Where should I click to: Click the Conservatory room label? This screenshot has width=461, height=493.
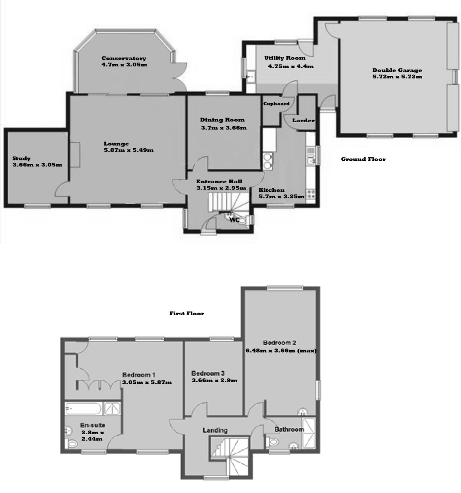point(123,58)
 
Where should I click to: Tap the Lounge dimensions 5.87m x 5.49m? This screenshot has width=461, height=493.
point(129,150)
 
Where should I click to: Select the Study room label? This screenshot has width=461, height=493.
point(21,159)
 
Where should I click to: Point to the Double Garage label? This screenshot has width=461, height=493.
point(397,70)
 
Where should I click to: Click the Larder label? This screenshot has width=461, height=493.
point(303,120)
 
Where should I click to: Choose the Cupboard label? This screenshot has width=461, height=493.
point(276,104)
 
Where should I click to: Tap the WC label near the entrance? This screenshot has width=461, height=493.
point(234,220)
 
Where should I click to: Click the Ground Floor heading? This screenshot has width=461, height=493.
point(363,159)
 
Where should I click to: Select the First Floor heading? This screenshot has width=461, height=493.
point(187,313)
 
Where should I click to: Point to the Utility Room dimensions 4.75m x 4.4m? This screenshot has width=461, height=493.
point(291,66)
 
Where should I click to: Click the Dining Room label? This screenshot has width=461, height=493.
point(223,120)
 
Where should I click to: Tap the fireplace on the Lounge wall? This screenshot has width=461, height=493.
point(75,155)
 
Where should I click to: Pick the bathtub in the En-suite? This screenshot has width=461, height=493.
point(84,409)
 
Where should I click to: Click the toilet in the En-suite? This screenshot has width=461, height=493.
point(71,444)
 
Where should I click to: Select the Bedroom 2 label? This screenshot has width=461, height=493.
point(279,343)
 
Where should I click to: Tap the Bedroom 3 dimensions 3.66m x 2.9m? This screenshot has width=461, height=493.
point(214,380)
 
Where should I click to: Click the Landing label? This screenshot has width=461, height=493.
point(215,430)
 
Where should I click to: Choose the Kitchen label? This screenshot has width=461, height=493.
point(271,190)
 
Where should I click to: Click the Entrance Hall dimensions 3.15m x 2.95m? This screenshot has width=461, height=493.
point(221,188)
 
